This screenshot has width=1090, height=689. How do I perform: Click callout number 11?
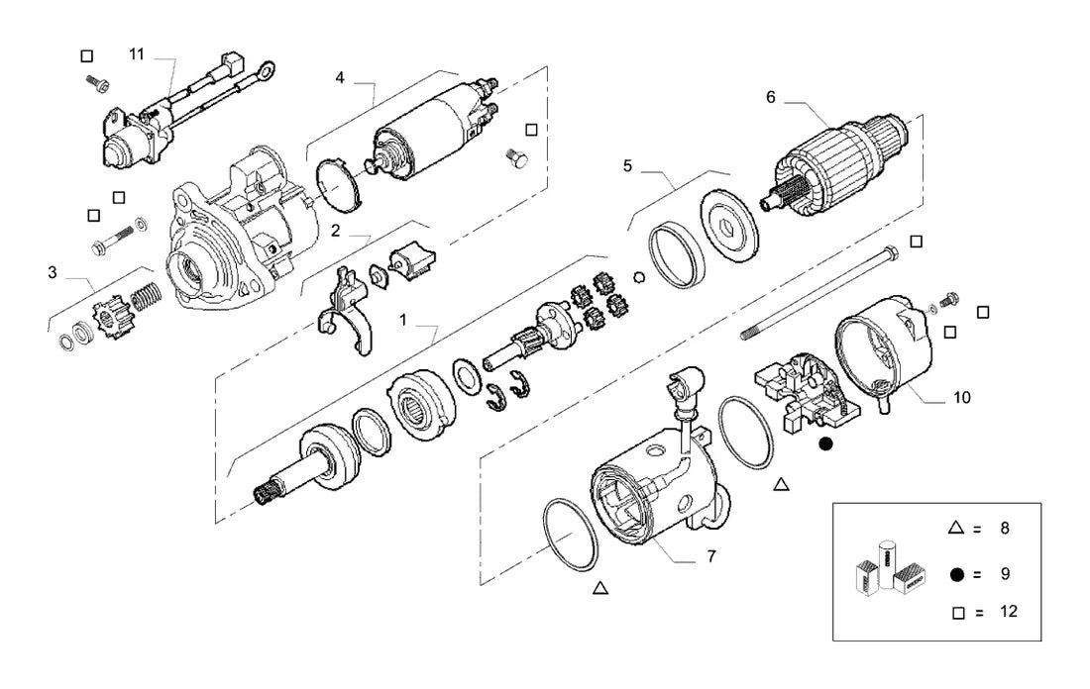137,54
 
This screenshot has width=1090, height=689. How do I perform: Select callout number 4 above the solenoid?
340,77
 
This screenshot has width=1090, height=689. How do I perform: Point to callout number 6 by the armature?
770,97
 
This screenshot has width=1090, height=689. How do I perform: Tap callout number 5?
627,166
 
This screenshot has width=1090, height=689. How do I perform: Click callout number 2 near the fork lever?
335,231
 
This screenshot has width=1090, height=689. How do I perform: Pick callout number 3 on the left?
53,272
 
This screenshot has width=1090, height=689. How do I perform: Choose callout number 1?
403,320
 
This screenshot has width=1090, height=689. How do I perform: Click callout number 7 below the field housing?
711,556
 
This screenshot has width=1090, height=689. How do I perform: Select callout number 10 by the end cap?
962,397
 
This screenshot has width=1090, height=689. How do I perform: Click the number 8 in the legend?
1005,529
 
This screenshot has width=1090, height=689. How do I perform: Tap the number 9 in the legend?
1005,574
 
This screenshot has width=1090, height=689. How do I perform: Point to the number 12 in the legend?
1008,611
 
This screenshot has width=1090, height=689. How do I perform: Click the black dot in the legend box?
957,574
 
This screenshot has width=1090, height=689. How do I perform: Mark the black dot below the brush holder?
825,443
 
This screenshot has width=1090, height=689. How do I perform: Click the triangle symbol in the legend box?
956,528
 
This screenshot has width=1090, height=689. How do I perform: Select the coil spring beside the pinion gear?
147,297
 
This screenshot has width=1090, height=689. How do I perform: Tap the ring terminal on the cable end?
265,70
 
